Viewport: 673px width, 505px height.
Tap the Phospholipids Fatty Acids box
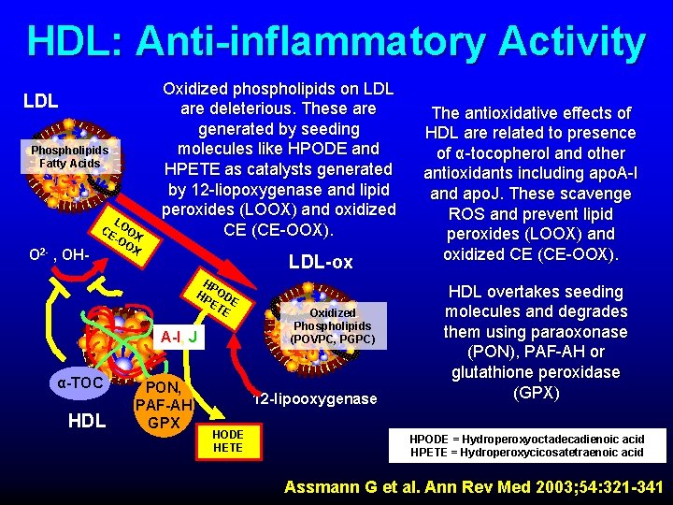[x=70, y=156]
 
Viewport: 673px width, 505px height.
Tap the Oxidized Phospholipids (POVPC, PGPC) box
[x=333, y=325]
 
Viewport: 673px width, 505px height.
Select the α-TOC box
[x=79, y=382]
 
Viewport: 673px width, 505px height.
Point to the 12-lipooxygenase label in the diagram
[x=315, y=399]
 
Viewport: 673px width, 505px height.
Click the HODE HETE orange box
[x=228, y=441]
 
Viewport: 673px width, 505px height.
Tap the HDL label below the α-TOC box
[x=87, y=421]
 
